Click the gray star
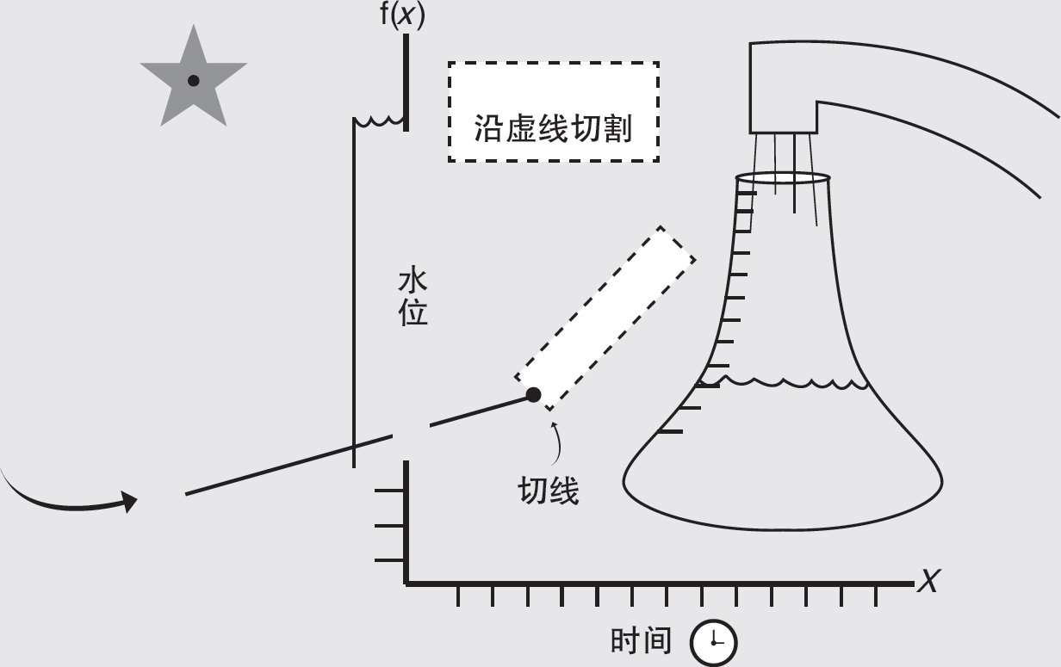tap(193, 79)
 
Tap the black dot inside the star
tap(193, 81)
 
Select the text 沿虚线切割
tap(553, 129)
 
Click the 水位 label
tap(413, 298)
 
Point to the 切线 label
tap(548, 491)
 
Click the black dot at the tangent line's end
tap(534, 395)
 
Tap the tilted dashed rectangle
tap(605, 318)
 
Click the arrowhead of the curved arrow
tap(129, 502)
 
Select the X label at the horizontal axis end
tap(928, 583)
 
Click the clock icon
tap(714, 642)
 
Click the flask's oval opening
tap(783, 178)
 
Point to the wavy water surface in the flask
tap(784, 380)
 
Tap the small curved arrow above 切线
tap(558, 440)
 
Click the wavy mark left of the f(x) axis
tap(379, 121)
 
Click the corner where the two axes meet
tap(406, 583)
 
